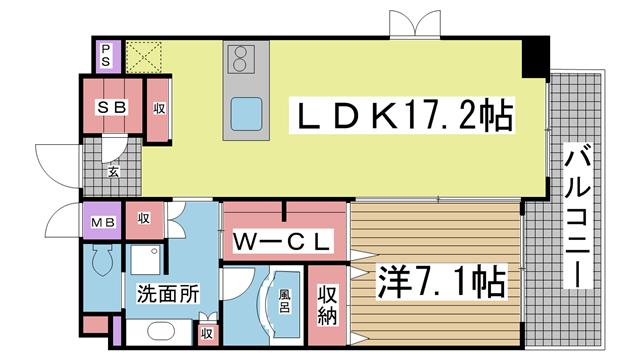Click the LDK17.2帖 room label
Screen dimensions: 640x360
coord(402,116)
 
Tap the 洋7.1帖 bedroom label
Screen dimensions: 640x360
coord(441,282)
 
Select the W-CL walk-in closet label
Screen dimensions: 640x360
coord(281,242)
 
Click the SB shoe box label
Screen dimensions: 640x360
coord(112,107)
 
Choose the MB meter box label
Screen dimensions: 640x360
coord(103,222)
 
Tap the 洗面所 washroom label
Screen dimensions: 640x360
coord(168,293)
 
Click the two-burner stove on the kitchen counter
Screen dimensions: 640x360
coord(241,59)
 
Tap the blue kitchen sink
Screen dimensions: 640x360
coord(246,114)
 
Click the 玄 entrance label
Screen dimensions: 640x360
coord(113,171)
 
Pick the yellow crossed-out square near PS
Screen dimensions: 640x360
coord(144,57)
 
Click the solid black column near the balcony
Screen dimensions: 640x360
coord(536,57)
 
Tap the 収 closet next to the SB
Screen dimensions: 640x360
coord(159,110)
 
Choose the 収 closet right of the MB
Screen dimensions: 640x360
coord(144,220)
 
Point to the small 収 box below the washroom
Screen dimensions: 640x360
coord(207,334)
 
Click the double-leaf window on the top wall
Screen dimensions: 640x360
coord(415,24)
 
